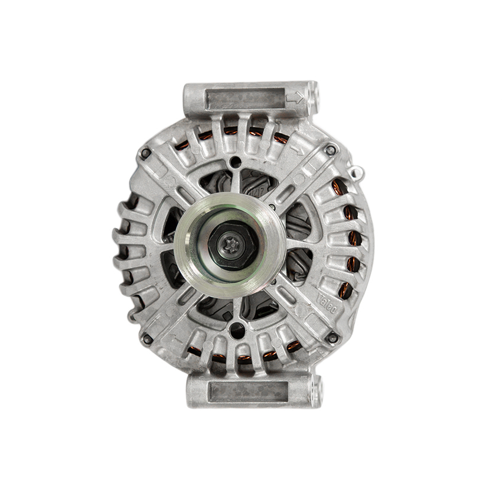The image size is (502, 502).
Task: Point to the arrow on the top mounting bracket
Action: coord(294,97)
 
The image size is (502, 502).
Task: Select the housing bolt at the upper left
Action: coord(145,153)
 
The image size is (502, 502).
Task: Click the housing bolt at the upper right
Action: coord(331,150)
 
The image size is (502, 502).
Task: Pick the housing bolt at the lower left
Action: coord(146,338)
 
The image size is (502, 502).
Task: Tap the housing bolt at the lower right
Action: coord(333,338)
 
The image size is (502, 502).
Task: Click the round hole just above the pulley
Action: coord(236,161)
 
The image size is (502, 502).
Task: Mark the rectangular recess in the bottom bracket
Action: coord(248,390)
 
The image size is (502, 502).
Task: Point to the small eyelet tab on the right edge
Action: coord(356,172)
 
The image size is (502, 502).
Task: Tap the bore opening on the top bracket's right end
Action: coord(314,94)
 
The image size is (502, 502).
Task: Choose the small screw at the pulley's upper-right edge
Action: coord(273,207)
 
